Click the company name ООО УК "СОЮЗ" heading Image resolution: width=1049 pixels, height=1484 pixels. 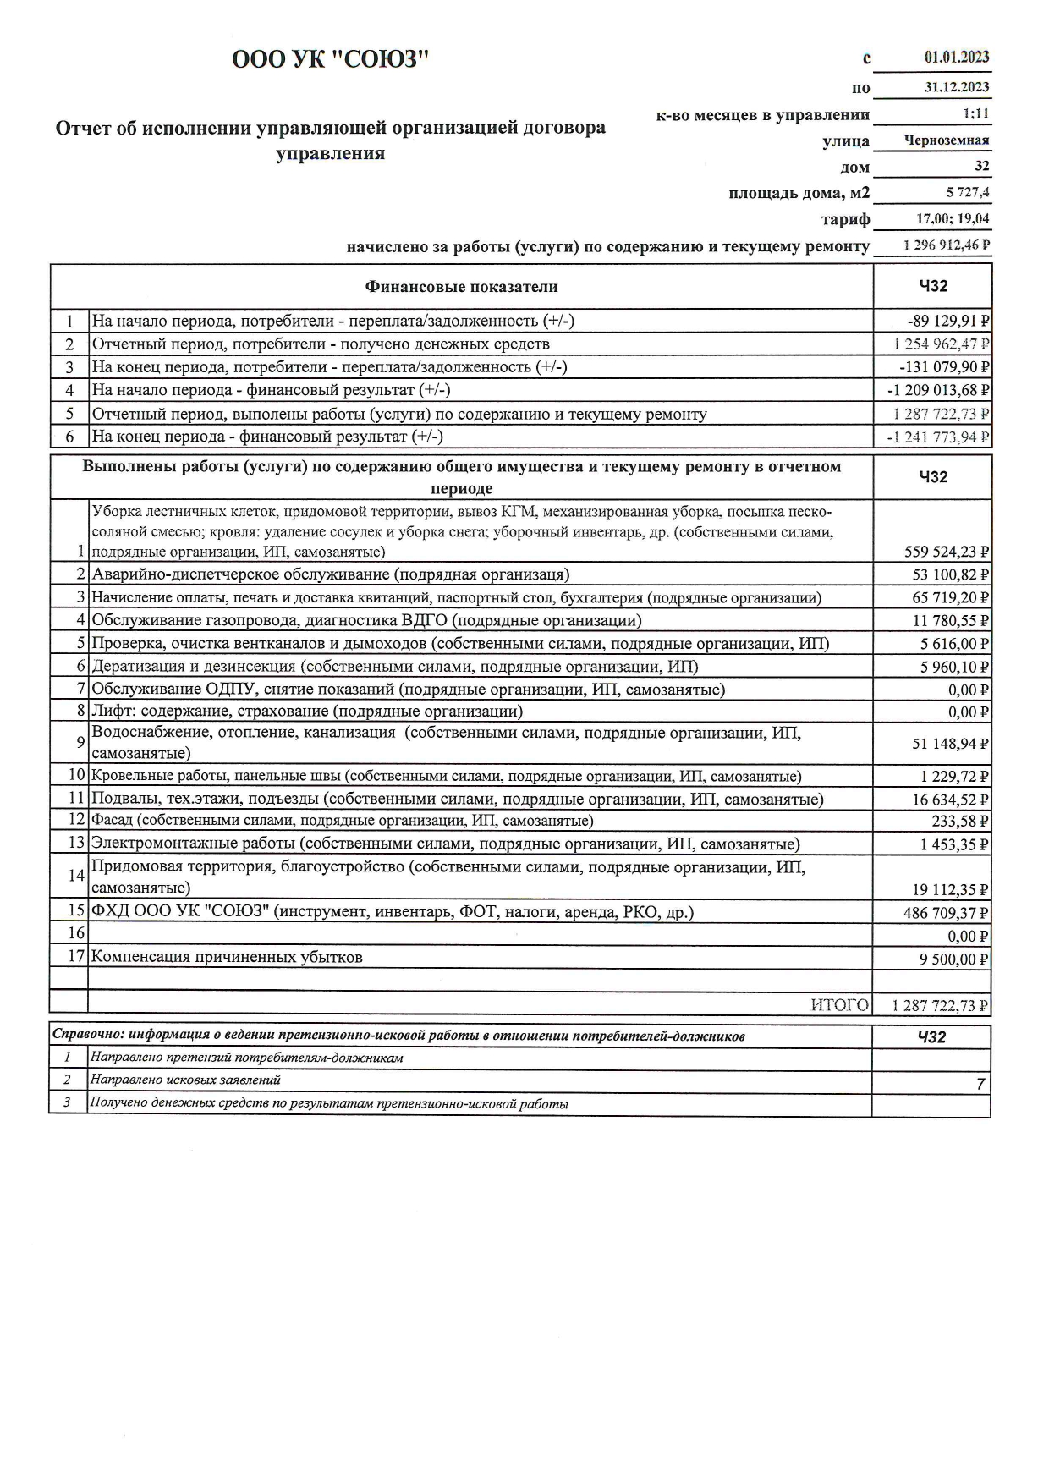pos(331,59)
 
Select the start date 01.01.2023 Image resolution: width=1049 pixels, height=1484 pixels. pos(957,58)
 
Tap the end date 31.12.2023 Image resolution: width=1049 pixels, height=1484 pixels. pos(957,87)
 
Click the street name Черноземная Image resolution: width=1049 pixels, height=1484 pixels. pos(947,140)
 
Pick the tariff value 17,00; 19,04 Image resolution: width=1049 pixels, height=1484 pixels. pos(953,219)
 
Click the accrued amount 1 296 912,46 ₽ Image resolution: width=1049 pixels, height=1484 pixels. pos(947,246)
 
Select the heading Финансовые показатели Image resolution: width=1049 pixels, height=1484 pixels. pos(461,287)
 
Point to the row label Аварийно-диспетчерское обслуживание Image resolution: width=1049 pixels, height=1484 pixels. pos(331,575)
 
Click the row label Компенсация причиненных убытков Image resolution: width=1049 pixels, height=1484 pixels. pos(227,958)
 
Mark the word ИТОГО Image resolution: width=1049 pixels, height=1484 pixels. pos(839,1005)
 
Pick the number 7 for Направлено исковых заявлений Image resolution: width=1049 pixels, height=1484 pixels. pos(980,1084)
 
